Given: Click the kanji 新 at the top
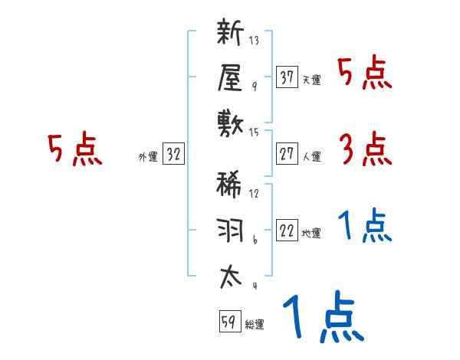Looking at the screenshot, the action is (231, 34).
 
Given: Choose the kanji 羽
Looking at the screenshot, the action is (231, 230).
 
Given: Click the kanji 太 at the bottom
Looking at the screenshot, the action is (231, 277).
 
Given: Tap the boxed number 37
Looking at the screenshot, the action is (287, 77).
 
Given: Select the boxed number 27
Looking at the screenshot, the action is (287, 155).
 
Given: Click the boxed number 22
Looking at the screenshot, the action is (287, 232).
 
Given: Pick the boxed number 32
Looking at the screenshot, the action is (173, 155).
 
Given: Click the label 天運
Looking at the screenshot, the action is (311, 80).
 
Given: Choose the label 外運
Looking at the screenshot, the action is (148, 157).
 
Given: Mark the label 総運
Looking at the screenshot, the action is (255, 325).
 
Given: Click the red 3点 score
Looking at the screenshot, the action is (364, 149).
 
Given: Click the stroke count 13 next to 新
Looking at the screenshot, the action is (254, 41).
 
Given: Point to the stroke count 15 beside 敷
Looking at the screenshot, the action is (254, 133).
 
